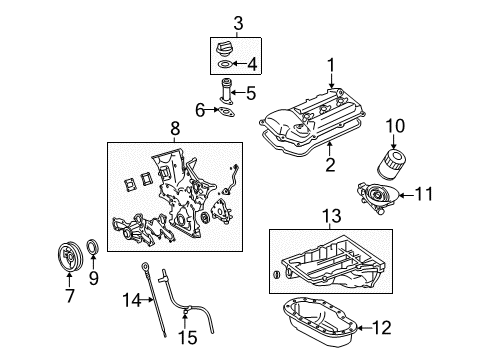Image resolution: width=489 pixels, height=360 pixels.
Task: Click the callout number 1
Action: click(x=329, y=65)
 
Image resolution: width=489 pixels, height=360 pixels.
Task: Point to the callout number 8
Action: click(x=176, y=129)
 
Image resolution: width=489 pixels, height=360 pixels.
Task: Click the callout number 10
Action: click(x=395, y=126)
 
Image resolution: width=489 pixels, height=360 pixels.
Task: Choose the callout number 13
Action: click(x=329, y=215)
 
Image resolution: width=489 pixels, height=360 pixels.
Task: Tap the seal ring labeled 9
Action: click(x=94, y=275)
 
